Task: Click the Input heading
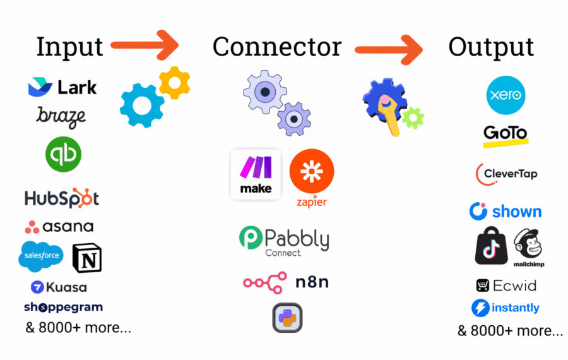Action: point(69,47)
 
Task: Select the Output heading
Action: point(491,47)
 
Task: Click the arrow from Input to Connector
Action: point(145,45)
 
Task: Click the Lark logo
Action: point(62,87)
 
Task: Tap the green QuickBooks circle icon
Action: point(63,154)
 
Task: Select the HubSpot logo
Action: point(62,198)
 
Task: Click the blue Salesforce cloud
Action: point(41,255)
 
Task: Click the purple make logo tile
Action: point(256,174)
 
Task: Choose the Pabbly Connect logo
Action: point(284,241)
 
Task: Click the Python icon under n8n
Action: point(287,318)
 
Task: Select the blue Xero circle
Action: point(506,95)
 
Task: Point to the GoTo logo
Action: point(505,135)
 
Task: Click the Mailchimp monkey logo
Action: point(529,247)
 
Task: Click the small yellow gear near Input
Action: point(174,83)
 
